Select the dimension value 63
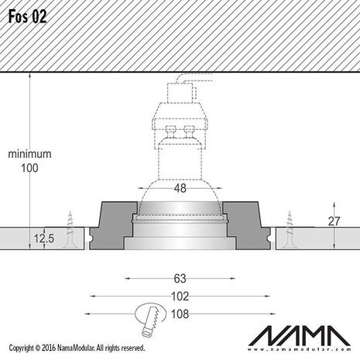(x=180, y=277)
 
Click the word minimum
(x=29, y=154)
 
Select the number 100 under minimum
(x=29, y=168)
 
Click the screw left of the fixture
(x=73, y=229)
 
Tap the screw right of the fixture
(x=289, y=230)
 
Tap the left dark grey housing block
(x=114, y=225)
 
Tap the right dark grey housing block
(x=248, y=225)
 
